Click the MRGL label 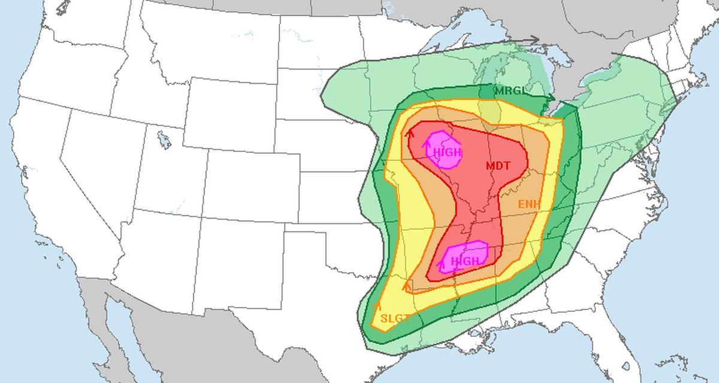[x=510, y=91]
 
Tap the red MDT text [x=498, y=166]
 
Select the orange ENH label [x=529, y=205]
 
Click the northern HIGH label [x=447, y=153]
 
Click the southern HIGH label [x=465, y=262]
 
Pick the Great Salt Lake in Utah [x=163, y=140]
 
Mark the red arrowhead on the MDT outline [x=410, y=134]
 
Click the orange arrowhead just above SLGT [x=377, y=306]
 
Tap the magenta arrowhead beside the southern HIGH [x=442, y=263]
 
